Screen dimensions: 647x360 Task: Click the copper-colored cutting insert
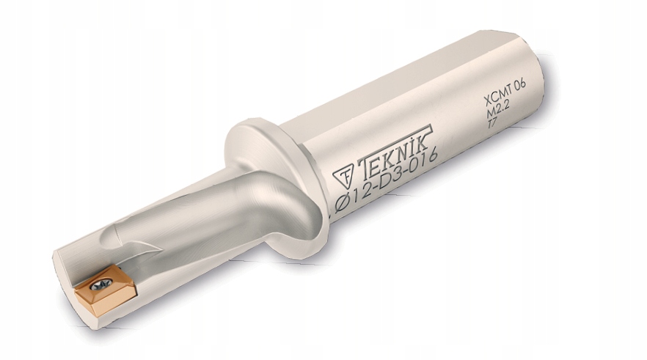click(x=105, y=290)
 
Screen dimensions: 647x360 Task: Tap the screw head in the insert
click(x=101, y=284)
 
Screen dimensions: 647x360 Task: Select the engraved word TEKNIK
click(x=395, y=150)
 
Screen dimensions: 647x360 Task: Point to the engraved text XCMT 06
click(x=504, y=93)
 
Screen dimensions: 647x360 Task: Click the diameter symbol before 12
click(x=342, y=203)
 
